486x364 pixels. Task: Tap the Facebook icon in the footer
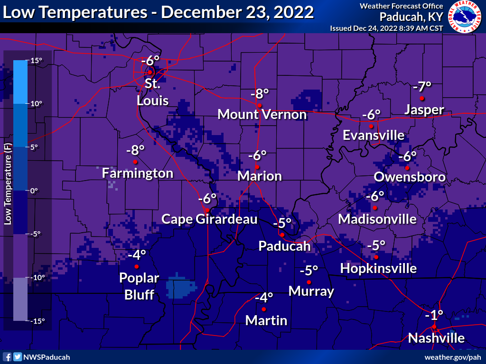point(7,357)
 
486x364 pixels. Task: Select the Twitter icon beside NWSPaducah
point(18,357)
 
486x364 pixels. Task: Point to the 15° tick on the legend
point(37,60)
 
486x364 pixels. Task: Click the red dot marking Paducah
point(282,235)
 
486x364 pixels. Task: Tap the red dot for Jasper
point(422,98)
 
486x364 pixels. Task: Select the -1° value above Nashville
point(434,315)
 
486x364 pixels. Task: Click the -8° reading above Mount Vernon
point(260,93)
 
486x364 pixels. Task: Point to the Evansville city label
point(374,136)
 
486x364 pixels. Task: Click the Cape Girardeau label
point(209,219)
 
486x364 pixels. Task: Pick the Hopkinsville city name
point(378,269)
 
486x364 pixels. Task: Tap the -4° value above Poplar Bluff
point(137,255)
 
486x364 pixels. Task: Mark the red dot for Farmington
point(135,162)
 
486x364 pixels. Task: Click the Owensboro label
point(410,177)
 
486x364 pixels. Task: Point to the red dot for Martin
point(264,309)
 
